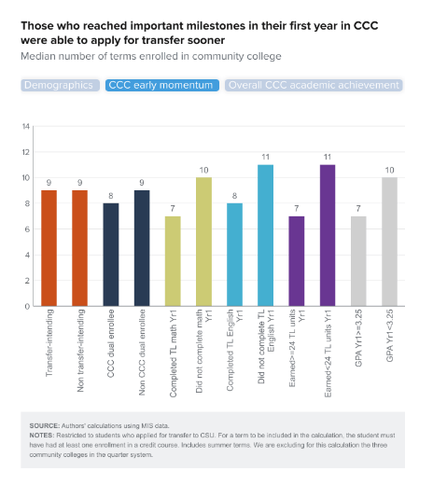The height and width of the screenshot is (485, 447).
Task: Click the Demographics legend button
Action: pyautogui.click(x=59, y=85)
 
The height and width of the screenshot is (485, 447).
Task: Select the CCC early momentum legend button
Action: pyautogui.click(x=161, y=85)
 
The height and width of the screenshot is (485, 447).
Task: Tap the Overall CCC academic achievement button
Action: pyautogui.click(x=314, y=85)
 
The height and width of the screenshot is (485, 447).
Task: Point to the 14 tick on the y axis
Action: pyautogui.click(x=26, y=127)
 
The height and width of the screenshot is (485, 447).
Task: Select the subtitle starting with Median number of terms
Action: pyautogui.click(x=150, y=58)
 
